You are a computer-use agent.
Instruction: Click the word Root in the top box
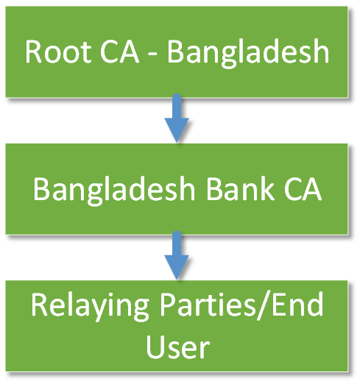tap(57, 52)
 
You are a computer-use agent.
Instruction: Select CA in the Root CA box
tap(119, 52)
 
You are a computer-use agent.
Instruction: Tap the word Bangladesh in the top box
tap(248, 54)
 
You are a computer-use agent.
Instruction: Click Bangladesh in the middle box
tap(114, 190)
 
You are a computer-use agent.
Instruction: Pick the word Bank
tap(240, 188)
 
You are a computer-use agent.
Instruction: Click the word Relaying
tap(90, 306)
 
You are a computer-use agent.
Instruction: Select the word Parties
tap(208, 304)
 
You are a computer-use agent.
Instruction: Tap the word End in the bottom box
tap(297, 304)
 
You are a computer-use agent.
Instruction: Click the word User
tap(177, 346)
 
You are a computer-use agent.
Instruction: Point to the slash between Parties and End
tap(264, 305)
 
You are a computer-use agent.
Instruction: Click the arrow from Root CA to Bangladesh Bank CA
tap(177, 118)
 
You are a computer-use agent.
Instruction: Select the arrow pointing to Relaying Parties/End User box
tap(177, 255)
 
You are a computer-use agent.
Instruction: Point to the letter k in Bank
tap(267, 188)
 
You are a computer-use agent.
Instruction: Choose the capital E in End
tap(278, 304)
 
